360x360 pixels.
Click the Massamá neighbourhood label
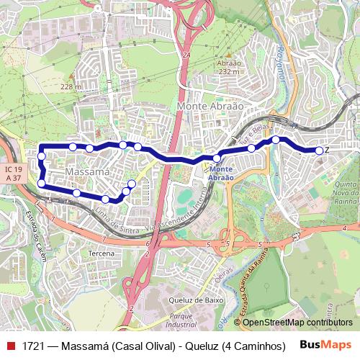[x=87, y=173]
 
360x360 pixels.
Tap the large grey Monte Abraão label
[x=210, y=106]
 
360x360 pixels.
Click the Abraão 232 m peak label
[x=228, y=66]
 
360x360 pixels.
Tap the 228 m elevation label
[x=71, y=86]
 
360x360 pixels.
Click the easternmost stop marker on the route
[x=319, y=150]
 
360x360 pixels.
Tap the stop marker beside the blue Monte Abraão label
[x=217, y=158]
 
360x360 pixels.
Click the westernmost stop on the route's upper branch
[x=42, y=156]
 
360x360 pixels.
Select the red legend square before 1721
[x=9, y=346]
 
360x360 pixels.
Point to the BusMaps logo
[x=325, y=345]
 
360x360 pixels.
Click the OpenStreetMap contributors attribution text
[x=297, y=322]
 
